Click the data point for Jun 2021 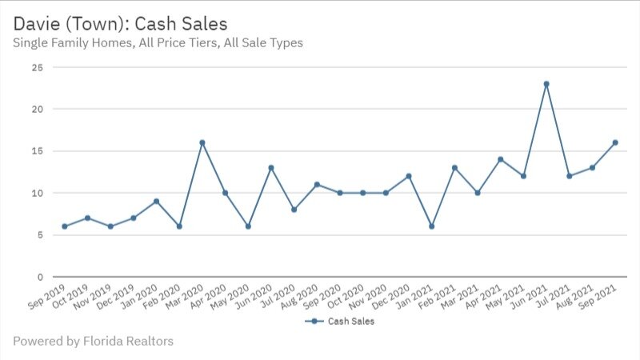coord(546,84)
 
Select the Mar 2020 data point coord(202,142)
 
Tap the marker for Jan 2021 coord(432,226)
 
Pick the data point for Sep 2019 coord(65,226)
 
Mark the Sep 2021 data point coord(615,142)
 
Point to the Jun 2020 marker coord(271,168)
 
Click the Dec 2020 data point coord(409,176)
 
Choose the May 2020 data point coord(248,226)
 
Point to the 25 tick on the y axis coord(37,67)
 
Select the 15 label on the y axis coord(37,151)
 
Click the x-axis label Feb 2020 coord(164,297)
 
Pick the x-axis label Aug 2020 coord(302,297)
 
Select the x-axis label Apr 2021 coord(486,297)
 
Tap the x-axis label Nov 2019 coord(95,297)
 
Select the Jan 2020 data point coord(157,202)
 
